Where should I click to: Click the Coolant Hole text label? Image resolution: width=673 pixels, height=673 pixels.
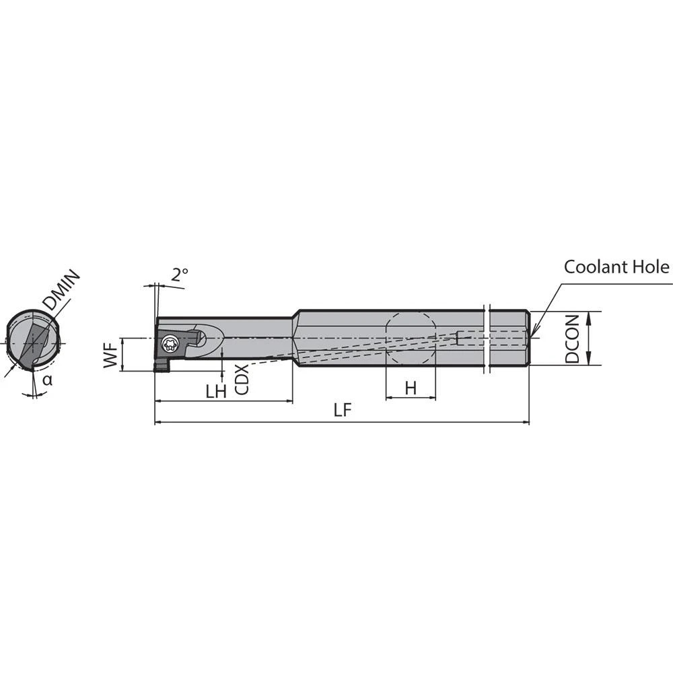click(616, 267)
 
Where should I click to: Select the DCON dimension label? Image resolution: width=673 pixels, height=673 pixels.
click(573, 339)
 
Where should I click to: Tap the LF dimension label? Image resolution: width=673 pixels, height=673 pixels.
click(343, 411)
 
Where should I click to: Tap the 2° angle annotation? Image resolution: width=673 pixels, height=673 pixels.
click(179, 274)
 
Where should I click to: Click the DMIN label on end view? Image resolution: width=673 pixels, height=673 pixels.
click(61, 291)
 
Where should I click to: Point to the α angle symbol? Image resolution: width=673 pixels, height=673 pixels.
click(46, 380)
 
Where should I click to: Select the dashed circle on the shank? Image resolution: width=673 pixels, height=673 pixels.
click(411, 339)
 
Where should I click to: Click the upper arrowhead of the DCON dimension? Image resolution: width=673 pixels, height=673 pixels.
click(589, 314)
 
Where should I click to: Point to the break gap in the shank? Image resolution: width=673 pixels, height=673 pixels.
click(487, 339)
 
